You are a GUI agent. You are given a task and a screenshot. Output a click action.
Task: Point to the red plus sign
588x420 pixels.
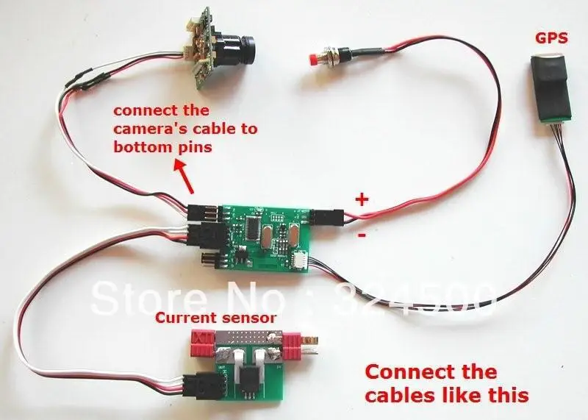[x=362, y=199]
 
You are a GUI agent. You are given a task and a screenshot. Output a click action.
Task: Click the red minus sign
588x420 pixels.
[x=361, y=236]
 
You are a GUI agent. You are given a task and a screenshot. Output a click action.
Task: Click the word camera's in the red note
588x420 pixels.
[x=151, y=129]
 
